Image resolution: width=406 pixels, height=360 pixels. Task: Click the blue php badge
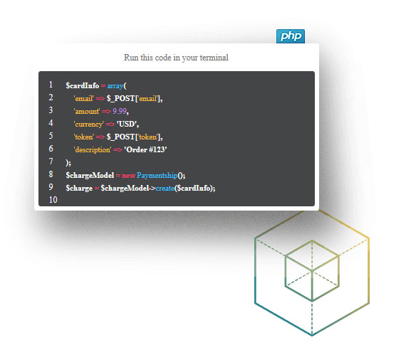[291, 36]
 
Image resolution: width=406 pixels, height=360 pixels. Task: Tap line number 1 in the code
[51, 85]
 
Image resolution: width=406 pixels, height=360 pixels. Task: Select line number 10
[53, 200]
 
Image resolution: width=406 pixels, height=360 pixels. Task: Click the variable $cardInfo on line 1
[83, 85]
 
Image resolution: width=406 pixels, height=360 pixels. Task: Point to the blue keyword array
[115, 86]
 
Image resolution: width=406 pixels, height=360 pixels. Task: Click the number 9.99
[120, 111]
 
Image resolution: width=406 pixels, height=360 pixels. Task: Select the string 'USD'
[127, 124]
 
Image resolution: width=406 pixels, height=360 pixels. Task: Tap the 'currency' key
[89, 125]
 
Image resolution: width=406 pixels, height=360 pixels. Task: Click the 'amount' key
[87, 112]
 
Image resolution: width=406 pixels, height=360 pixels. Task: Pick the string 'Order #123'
[145, 149]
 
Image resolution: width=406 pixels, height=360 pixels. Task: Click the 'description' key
[93, 150]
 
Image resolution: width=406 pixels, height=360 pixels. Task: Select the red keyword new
[129, 176]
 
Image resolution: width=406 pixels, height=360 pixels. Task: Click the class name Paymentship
[157, 176]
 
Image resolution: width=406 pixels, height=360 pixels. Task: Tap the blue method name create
[165, 189]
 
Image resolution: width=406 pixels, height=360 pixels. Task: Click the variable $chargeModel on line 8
[90, 175]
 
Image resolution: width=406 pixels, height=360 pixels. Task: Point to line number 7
[51, 162]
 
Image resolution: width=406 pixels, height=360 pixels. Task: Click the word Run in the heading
[131, 58]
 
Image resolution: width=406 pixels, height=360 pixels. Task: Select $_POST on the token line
[120, 137]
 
